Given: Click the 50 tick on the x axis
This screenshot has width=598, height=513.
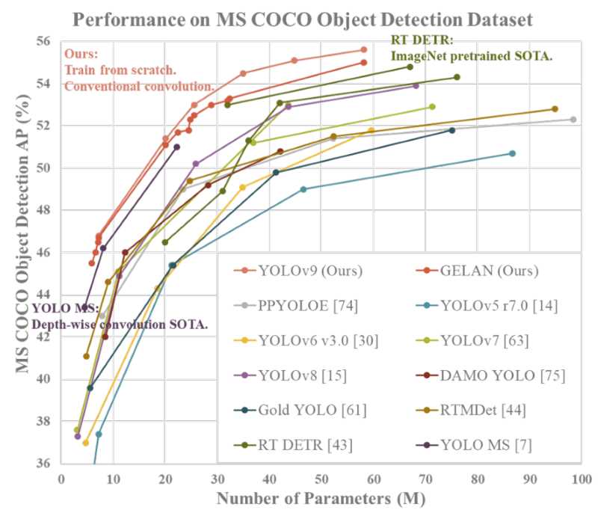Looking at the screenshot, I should [x=321, y=476].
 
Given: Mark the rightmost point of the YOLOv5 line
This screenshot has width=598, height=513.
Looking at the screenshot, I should [x=512, y=153].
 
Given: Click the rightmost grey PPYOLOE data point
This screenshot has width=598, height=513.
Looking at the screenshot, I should [x=573, y=120].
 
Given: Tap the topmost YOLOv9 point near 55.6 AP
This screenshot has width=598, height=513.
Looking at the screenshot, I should [x=364, y=49].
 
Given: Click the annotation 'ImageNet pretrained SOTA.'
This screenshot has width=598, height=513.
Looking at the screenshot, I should [x=471, y=56].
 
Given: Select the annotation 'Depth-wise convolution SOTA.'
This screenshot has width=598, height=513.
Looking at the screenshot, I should [x=120, y=325].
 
